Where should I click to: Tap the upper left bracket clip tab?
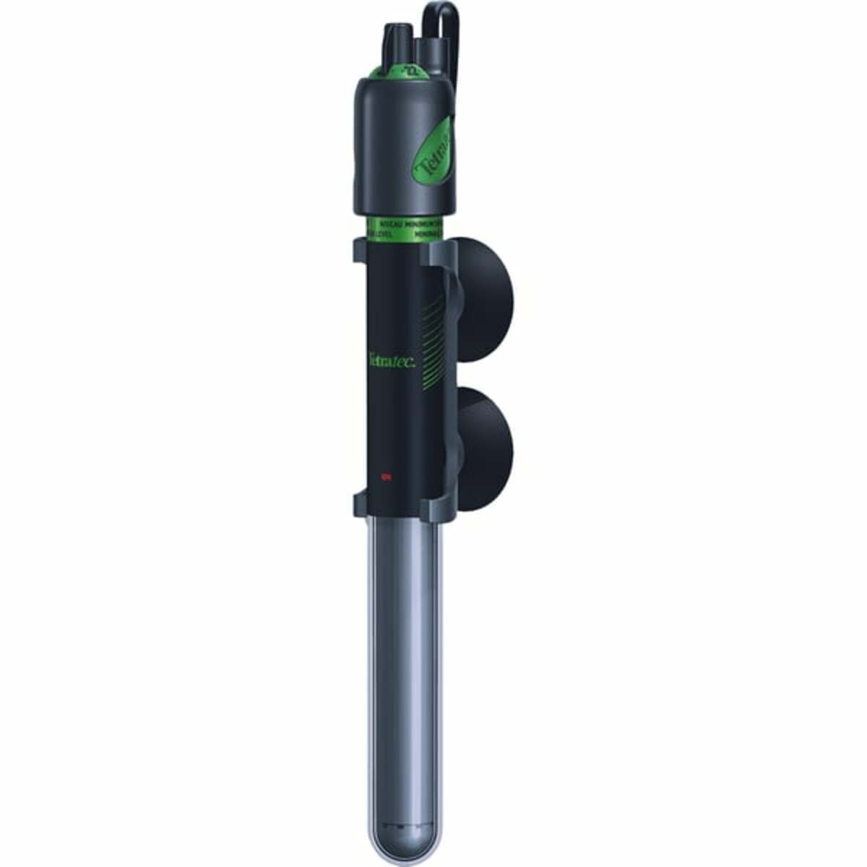click(361, 251)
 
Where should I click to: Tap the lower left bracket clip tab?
click(361, 501)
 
